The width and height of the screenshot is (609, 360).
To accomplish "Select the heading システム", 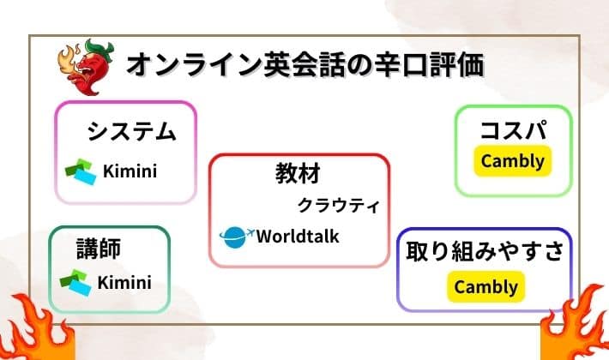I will (131, 132).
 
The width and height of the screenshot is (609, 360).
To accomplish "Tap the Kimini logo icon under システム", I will (82, 171).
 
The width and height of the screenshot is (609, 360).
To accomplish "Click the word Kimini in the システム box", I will (130, 171).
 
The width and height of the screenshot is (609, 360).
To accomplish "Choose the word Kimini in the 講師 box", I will (124, 282).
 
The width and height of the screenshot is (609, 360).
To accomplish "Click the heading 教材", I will (298, 174).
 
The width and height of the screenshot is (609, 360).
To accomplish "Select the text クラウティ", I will (337, 206).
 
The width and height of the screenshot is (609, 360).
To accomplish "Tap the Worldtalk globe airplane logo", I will (237, 236).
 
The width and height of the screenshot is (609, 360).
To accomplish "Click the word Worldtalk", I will (298, 236).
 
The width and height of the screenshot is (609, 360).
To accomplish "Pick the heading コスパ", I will (513, 131).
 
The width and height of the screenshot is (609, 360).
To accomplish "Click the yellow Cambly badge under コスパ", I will (513, 160).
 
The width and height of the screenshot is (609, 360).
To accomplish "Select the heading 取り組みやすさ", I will (485, 253).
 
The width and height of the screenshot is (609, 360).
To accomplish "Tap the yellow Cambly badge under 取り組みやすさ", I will (485, 286).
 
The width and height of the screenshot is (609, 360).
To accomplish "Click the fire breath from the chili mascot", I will (68, 61).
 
